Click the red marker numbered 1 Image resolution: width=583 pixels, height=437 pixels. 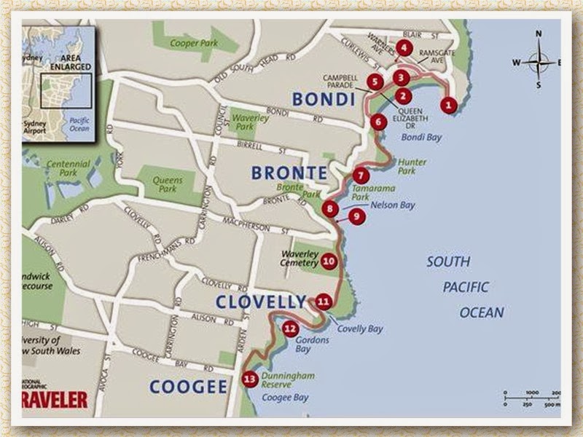(449, 105)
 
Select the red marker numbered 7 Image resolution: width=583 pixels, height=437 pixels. (362, 176)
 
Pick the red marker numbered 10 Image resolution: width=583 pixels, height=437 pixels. (328, 261)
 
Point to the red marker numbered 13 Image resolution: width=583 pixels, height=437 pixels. (250, 379)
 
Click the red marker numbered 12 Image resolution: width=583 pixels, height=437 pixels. (290, 329)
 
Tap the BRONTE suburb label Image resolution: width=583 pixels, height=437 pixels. (289, 173)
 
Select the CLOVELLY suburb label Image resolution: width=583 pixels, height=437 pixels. (261, 301)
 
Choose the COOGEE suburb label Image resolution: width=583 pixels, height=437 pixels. (188, 387)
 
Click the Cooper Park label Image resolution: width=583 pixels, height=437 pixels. (189, 43)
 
